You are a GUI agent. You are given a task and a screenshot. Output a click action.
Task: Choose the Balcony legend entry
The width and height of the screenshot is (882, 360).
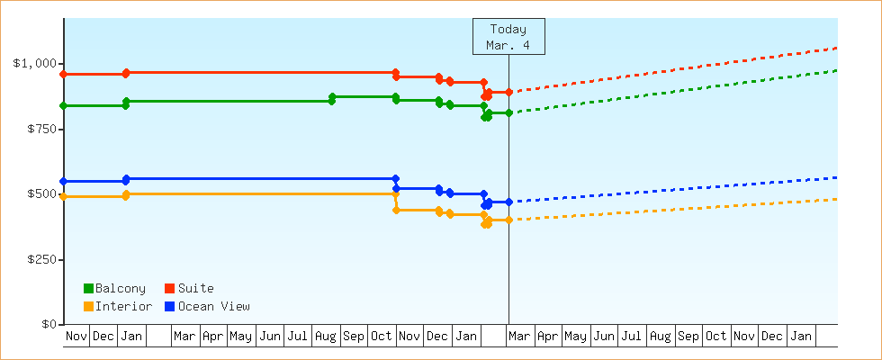click(114, 288)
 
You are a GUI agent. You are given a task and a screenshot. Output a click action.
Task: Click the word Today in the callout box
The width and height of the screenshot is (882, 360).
click(508, 29)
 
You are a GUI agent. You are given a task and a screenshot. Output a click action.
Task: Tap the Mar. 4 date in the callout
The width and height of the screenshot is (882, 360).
click(508, 44)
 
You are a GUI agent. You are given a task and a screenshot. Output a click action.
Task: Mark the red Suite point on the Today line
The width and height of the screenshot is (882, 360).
click(508, 92)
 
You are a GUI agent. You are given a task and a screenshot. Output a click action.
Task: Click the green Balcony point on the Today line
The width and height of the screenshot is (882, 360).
click(508, 112)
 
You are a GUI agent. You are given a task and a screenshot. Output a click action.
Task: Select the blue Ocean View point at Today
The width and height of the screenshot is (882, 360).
click(508, 202)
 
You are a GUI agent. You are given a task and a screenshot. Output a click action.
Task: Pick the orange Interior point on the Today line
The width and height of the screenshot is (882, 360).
click(508, 220)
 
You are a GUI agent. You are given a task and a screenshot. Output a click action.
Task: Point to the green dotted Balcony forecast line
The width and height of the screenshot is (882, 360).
click(675, 91)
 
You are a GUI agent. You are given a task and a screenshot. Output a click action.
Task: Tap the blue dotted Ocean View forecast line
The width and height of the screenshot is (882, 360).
click(675, 189)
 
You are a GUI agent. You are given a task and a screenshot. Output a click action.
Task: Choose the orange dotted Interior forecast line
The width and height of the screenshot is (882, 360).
click(675, 209)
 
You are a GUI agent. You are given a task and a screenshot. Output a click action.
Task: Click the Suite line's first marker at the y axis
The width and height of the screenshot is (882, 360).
click(63, 74)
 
